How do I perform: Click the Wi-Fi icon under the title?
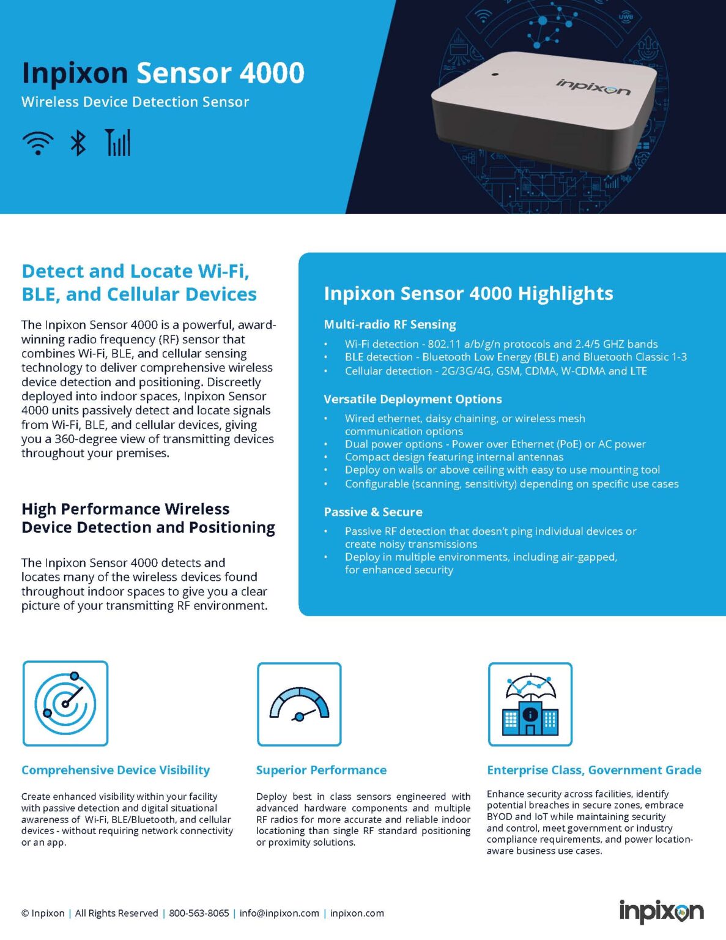point(37,143)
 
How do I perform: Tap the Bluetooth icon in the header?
point(78,143)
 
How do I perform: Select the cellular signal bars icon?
point(118,143)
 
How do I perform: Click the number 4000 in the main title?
point(272,73)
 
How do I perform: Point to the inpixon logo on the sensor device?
point(593,87)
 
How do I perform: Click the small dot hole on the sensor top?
point(495,75)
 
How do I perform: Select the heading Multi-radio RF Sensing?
point(390,324)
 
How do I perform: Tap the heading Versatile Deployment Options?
point(412,399)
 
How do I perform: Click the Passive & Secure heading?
point(373,512)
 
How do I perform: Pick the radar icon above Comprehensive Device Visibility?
point(65,703)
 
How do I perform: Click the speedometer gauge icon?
point(299,704)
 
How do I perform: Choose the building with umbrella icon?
point(530,704)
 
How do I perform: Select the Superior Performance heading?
point(321,770)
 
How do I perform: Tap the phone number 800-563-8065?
point(199,913)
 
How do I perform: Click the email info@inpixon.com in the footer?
point(279,913)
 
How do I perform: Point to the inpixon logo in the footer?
point(661,912)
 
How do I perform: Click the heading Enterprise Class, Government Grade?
point(594,770)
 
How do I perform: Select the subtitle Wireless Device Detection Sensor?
point(135,102)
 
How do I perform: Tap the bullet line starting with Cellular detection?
point(495,371)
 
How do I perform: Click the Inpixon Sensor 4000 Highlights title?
point(468,293)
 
